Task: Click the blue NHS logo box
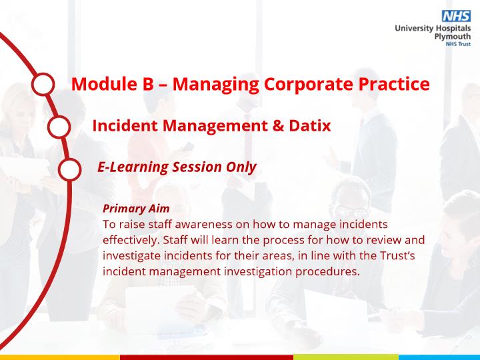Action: coord(456,16)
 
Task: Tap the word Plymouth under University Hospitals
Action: coord(453,37)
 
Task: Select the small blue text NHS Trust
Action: coord(458,44)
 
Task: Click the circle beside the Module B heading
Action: coord(43,84)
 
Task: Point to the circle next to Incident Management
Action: coord(59,127)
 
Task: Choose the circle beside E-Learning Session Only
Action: coord(70,169)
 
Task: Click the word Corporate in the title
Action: coord(309,84)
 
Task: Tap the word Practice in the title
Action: coord(394,83)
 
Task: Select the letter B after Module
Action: coord(148,83)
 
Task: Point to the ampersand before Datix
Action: coord(278,125)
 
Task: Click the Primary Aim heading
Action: coord(136,209)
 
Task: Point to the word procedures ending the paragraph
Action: coord(327,272)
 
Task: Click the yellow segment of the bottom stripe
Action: coord(60,357)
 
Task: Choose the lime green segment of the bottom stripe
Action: coord(346,357)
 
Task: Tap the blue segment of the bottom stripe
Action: coord(439,357)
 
